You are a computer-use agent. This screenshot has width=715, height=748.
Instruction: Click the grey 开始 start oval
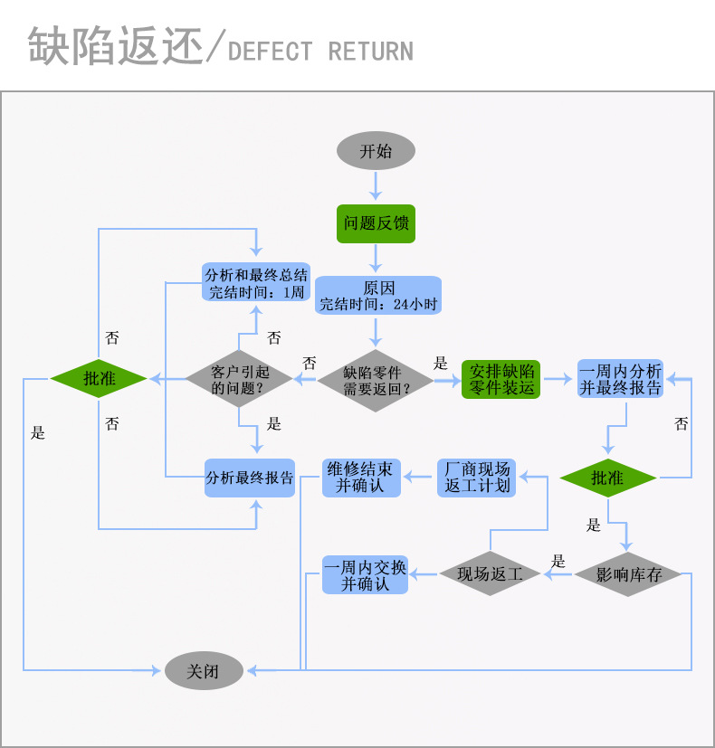tap(376, 151)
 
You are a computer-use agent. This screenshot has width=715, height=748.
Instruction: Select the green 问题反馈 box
tap(376, 223)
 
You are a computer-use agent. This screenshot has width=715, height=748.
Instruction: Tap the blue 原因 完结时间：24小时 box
tap(378, 296)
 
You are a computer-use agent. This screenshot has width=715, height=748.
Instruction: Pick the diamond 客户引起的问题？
tap(239, 380)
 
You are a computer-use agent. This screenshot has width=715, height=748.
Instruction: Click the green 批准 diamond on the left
tap(99, 379)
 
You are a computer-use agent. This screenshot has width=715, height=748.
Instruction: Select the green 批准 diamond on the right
tap(607, 478)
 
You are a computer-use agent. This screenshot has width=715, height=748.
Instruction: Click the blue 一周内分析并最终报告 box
tap(620, 380)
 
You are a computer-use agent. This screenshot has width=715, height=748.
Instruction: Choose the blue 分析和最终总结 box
tap(256, 283)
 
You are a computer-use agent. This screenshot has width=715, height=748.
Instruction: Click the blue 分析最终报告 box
tap(250, 478)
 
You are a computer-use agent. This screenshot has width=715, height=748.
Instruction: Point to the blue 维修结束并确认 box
tap(359, 478)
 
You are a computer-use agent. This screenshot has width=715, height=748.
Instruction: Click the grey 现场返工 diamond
tap(490, 574)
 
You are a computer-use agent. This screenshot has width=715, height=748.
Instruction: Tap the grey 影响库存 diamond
tap(628, 574)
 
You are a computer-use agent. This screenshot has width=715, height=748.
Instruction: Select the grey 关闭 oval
tap(204, 671)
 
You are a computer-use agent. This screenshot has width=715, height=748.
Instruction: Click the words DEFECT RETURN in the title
tap(321, 51)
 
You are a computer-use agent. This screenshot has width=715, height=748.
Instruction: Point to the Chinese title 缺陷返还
tap(114, 46)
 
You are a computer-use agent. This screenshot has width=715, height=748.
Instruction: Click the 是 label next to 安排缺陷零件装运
tap(441, 364)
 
